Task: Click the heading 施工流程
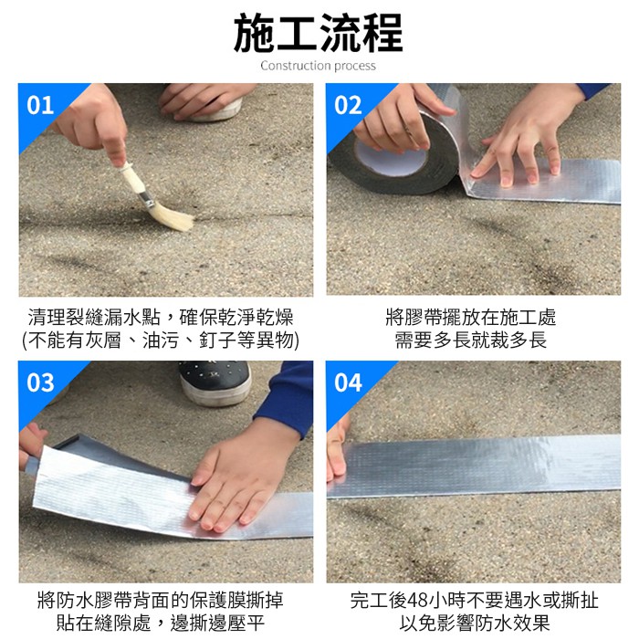tap(319, 34)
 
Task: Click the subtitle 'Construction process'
tap(319, 66)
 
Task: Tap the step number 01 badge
tap(40, 105)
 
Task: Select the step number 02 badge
tap(348, 105)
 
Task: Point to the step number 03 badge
tap(40, 382)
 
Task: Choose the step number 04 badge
tap(348, 382)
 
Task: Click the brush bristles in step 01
tap(173, 216)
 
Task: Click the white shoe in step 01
tap(216, 110)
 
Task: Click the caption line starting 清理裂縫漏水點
tap(161, 318)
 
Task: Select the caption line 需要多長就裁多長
tap(471, 340)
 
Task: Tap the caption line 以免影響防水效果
tap(475, 623)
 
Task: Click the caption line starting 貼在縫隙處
tap(161, 623)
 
